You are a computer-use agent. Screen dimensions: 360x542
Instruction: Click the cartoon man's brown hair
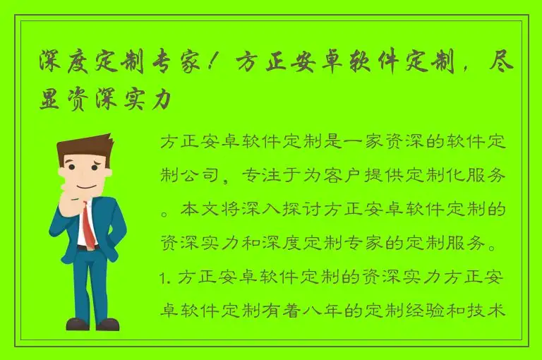[83, 148]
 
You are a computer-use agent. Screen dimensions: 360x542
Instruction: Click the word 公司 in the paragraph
[200, 176]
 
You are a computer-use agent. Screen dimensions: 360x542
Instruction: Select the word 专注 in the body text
[258, 176]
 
